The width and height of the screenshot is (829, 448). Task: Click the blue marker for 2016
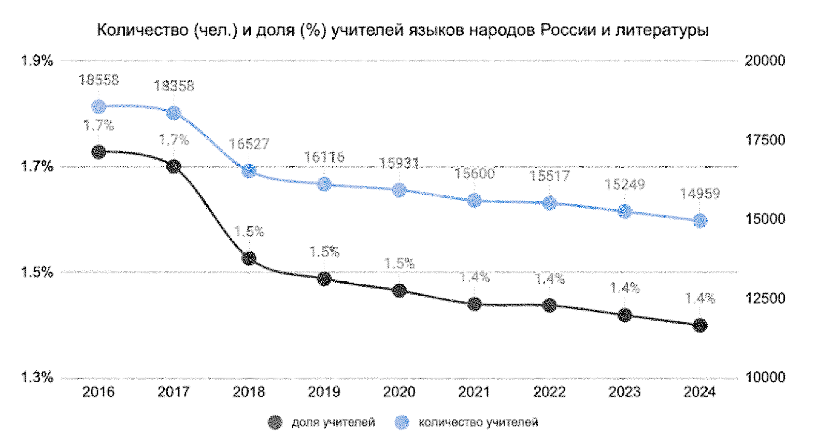coord(98,107)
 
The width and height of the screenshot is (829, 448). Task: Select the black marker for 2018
coord(249,258)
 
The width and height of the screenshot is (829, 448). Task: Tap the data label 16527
coord(249,144)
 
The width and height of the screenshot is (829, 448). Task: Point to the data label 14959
coord(700,194)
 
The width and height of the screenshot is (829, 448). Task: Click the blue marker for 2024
coord(700,221)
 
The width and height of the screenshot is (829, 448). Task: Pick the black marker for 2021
coord(475,304)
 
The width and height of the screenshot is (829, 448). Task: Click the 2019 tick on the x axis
coord(324,392)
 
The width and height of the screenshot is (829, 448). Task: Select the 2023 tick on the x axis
coord(624,392)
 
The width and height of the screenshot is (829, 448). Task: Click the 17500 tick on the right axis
coord(765,140)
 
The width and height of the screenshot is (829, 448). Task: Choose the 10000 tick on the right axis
coord(765,377)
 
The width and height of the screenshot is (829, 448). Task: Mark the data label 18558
coord(98,80)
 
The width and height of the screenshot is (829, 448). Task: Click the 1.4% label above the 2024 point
coord(700,298)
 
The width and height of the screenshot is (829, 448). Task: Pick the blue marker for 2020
coord(399,190)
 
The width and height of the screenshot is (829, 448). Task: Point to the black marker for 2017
coord(174,166)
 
